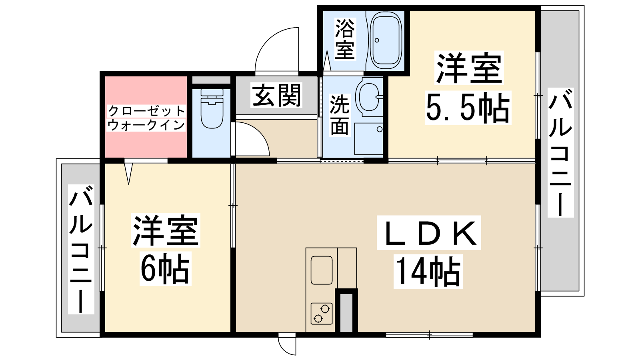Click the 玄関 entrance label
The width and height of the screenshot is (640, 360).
coord(276,96)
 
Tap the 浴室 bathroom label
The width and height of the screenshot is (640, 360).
coord(345,39)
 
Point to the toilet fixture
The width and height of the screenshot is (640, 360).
coord(212,108)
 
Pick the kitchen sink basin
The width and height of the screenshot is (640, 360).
coord(322,270)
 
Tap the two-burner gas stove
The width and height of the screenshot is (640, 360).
coord(322,314)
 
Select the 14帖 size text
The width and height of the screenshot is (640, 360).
coord(428,272)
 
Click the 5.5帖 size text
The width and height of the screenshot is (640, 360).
coord(468,108)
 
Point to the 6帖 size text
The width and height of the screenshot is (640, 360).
coord(165,268)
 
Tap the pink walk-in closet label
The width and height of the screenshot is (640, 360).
coord(146,118)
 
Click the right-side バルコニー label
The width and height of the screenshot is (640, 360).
coord(560,152)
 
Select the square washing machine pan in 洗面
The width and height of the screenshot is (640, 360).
coord(368,139)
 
